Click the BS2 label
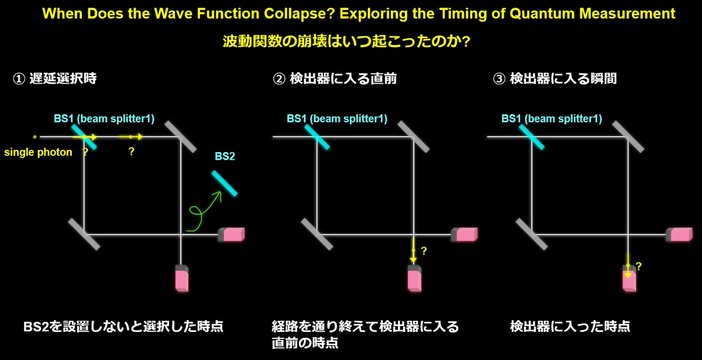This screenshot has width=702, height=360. click(225, 156)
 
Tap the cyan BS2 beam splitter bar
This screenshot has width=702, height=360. click(225, 183)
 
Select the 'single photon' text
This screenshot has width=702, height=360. click(38, 152)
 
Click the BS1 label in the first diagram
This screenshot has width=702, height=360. click(104, 118)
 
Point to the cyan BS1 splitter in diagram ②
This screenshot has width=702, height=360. click(317, 137)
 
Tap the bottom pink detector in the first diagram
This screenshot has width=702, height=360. click(182, 279)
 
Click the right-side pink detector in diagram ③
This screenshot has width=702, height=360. click(679, 235)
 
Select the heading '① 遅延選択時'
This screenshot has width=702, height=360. click(54, 78)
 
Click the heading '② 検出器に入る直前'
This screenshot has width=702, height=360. click(335, 78)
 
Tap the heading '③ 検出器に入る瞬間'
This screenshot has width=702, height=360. click(555, 78)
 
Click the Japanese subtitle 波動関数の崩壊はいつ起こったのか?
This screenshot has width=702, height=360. click(346, 42)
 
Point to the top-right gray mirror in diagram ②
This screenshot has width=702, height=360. click(414, 137)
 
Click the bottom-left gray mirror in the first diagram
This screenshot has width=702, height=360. click(84, 234)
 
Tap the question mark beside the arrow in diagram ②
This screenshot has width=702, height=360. click(424, 251)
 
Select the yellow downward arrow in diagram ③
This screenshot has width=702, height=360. click(628, 266)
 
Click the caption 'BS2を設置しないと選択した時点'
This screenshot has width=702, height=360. click(123, 327)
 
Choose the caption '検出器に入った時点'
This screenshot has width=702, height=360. click(570, 327)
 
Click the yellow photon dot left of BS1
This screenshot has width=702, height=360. click(35, 137)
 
